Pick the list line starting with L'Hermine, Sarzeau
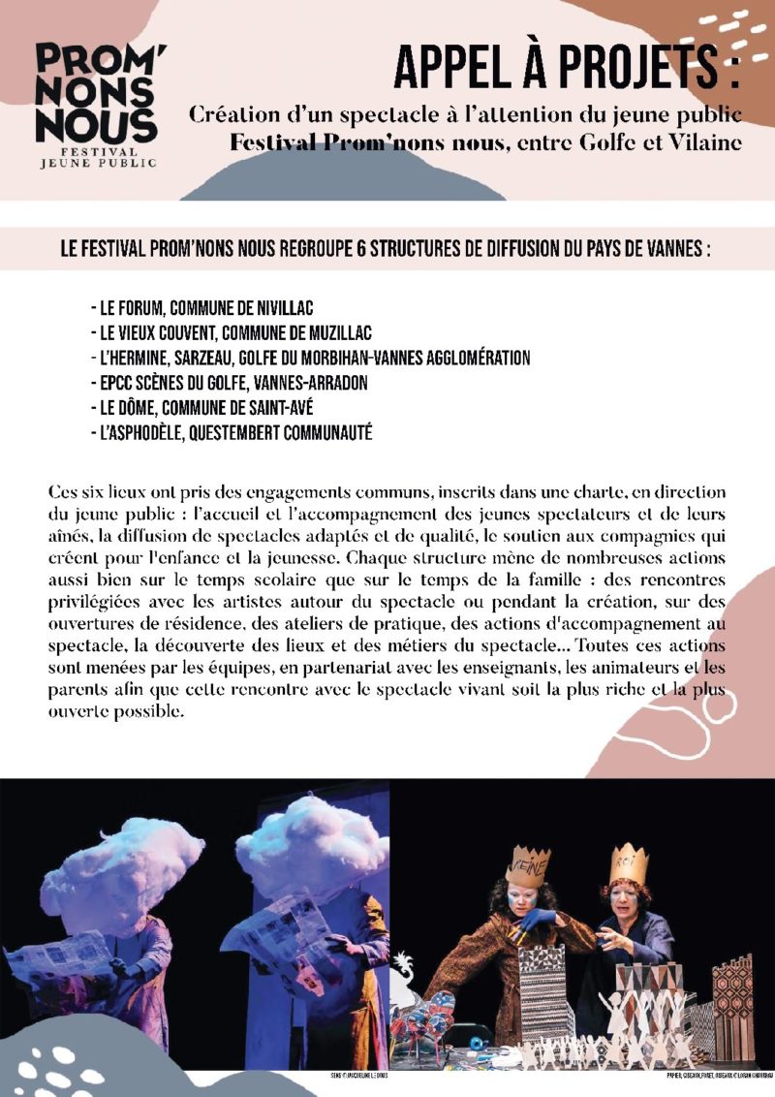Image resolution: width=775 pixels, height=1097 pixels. (309, 359)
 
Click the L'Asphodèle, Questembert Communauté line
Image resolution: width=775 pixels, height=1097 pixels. (230, 432)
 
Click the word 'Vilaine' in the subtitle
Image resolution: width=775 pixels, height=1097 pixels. (707, 142)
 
